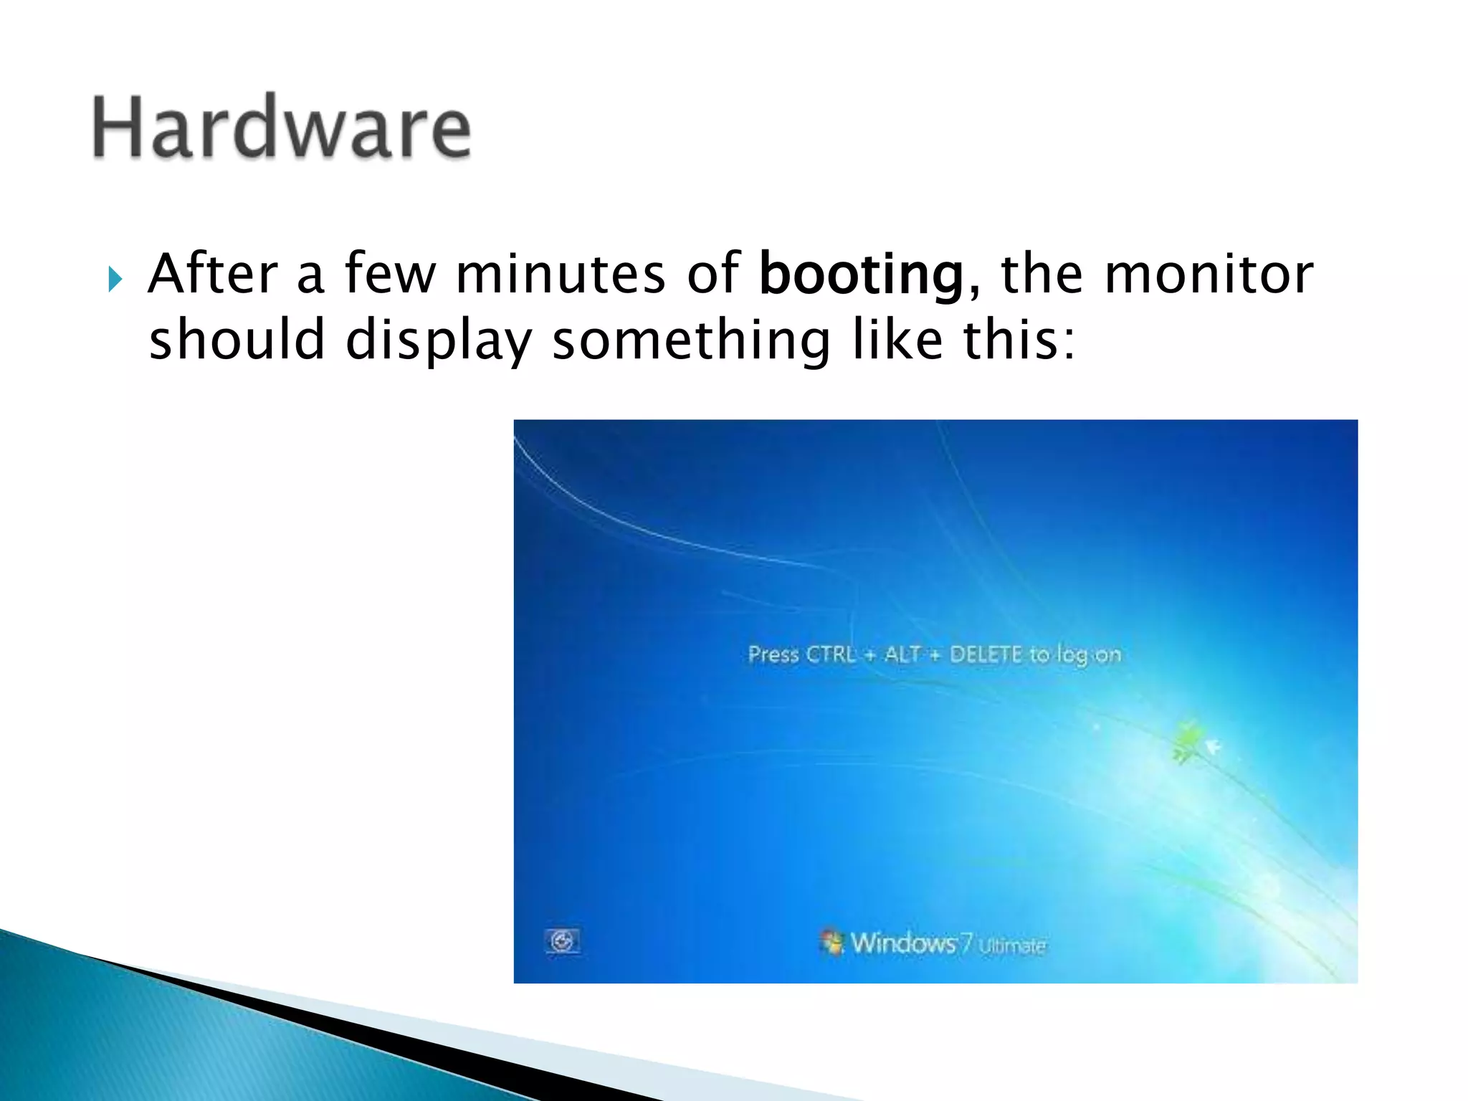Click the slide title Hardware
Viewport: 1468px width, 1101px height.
tap(282, 128)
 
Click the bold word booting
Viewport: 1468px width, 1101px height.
tap(861, 275)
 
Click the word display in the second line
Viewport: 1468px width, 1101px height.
tap(439, 340)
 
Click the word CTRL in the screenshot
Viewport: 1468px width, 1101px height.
tap(831, 654)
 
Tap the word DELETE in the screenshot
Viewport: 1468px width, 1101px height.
tap(986, 654)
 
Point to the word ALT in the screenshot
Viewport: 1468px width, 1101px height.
tap(902, 654)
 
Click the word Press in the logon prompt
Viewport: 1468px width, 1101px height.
tap(773, 654)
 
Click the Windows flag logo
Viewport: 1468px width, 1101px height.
tap(832, 942)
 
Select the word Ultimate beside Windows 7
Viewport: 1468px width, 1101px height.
tap(1011, 946)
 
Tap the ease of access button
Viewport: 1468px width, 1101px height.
tap(563, 941)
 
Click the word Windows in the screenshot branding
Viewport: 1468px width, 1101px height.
tap(903, 943)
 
